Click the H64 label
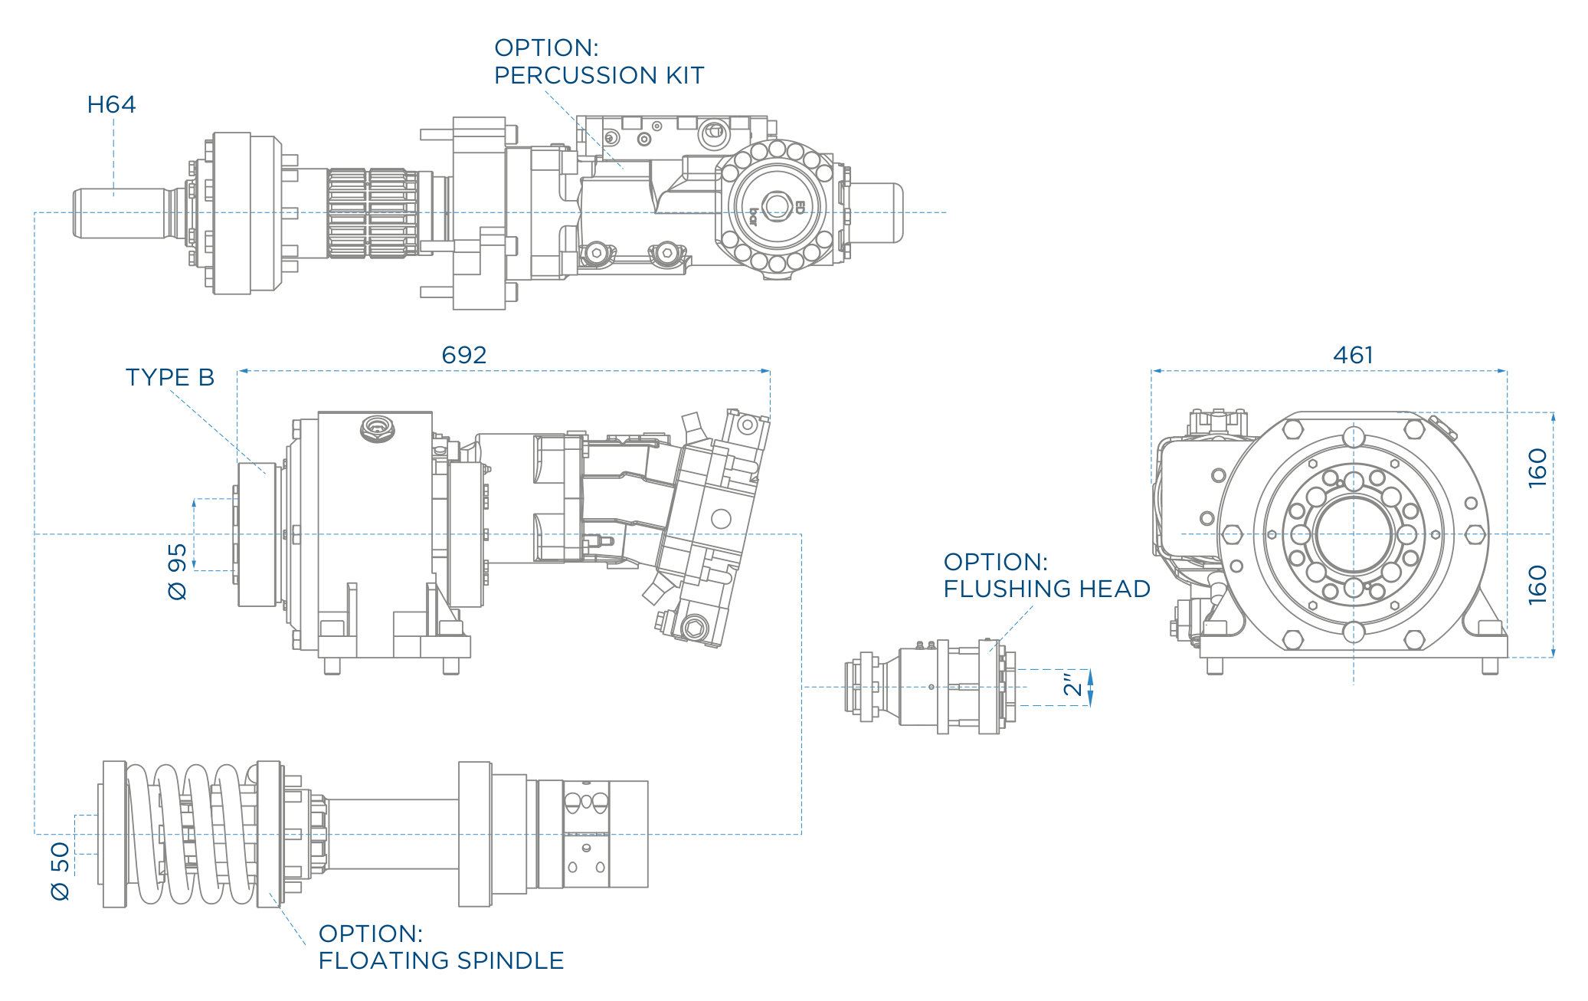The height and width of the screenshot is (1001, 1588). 111,104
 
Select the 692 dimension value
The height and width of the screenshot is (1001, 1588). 464,355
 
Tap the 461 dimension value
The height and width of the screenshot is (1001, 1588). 1354,355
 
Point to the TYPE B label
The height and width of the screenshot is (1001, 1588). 170,377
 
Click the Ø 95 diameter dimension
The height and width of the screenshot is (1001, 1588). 177,572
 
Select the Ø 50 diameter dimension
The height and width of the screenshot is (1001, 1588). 60,871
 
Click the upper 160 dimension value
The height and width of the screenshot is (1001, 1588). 1537,468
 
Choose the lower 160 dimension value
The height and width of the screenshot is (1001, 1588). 1537,585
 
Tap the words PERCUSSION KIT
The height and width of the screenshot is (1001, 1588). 599,75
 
